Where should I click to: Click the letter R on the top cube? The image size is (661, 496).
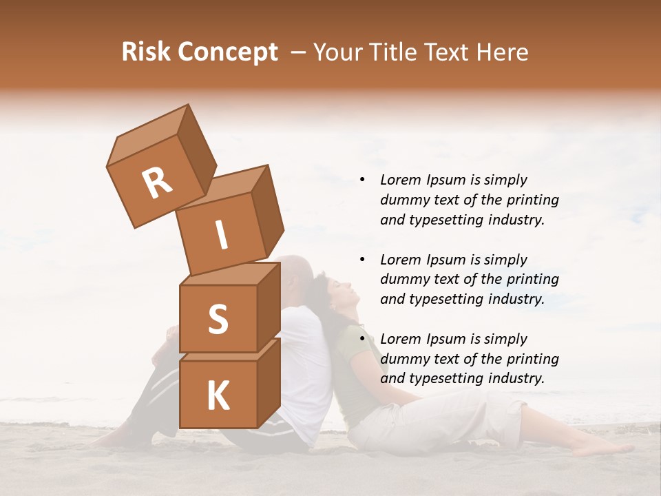(157, 183)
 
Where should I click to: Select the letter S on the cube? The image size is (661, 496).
(218, 319)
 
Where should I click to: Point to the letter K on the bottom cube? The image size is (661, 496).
(218, 396)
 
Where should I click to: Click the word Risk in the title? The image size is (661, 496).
(145, 52)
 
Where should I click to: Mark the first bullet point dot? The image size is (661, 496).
(362, 180)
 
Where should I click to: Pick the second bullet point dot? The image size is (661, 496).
(362, 260)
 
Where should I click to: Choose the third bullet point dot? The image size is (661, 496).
(362, 339)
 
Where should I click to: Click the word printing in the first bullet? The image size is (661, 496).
(531, 200)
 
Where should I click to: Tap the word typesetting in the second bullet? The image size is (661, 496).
(445, 299)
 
